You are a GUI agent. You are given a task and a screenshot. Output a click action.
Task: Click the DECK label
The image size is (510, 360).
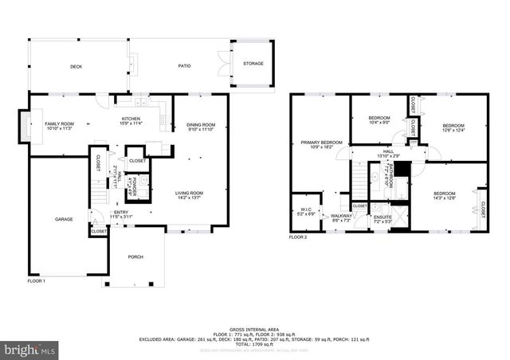click(76, 67)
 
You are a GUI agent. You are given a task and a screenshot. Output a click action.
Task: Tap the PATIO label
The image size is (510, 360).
click(184, 67)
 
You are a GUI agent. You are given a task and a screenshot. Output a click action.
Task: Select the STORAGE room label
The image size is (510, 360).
click(253, 64)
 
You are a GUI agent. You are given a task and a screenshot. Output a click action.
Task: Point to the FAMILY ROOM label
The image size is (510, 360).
click(59, 124)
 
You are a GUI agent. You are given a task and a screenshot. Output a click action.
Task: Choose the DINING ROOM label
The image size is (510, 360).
click(201, 124)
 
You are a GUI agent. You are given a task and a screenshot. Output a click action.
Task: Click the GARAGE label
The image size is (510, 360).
click(64, 219)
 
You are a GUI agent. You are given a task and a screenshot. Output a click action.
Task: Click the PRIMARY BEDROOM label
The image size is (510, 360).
click(322, 143)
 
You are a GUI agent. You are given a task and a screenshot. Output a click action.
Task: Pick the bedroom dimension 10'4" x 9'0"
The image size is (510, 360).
click(378, 123)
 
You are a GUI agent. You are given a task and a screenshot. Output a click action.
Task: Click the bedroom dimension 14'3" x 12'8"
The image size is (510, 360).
click(445, 198)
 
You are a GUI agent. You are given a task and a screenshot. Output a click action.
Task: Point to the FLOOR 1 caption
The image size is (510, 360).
click(37, 281)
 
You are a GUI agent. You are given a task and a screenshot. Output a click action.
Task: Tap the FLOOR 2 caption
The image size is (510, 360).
click(298, 237)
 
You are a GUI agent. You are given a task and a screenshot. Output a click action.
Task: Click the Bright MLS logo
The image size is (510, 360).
click(29, 349)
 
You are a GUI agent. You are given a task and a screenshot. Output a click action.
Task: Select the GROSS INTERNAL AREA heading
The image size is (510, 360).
click(256, 328)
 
